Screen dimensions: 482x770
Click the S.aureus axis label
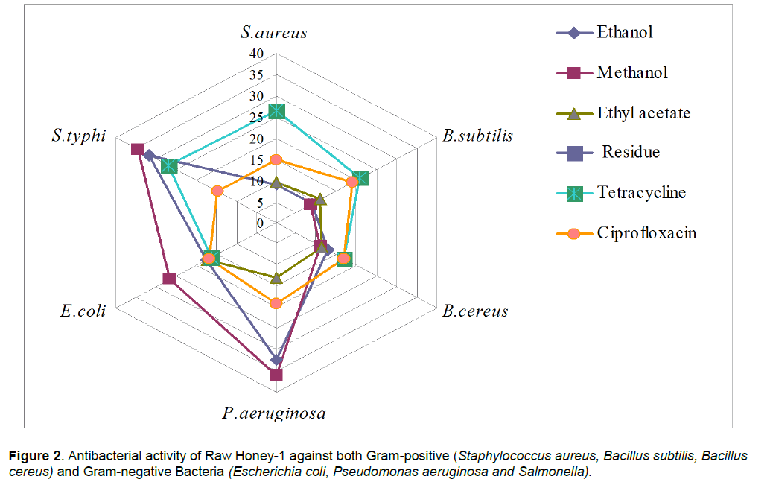pyautogui.click(x=274, y=32)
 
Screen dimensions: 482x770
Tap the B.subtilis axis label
pyautogui.click(x=477, y=136)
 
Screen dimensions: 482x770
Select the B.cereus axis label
pyautogui.click(x=475, y=311)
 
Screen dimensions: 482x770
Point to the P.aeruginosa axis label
pyautogui.click(x=273, y=413)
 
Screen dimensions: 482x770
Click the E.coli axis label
pyautogui.click(x=83, y=311)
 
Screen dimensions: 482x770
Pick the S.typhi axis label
pyautogui.click(x=78, y=136)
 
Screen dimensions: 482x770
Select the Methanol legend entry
pyautogui.click(x=631, y=72)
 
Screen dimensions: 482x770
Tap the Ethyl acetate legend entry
pyautogui.click(x=643, y=113)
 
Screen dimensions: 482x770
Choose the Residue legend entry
pyautogui.click(x=630, y=153)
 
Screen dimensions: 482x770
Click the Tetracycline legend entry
pyautogui.click(x=640, y=193)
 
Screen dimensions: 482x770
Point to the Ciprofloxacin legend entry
pyautogui.click(x=646, y=233)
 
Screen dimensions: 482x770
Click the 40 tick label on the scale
pyautogui.click(x=256, y=54)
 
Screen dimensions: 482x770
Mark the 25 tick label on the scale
pyautogui.click(x=256, y=118)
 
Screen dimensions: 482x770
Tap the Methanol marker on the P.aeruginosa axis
pyautogui.click(x=276, y=374)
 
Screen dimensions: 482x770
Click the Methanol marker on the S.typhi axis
pyautogui.click(x=138, y=149)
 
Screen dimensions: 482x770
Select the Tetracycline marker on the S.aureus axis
pyautogui.click(x=276, y=111)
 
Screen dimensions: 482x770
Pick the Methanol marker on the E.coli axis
pyautogui.click(x=170, y=279)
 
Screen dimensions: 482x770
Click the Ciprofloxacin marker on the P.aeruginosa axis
pyautogui.click(x=276, y=303)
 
